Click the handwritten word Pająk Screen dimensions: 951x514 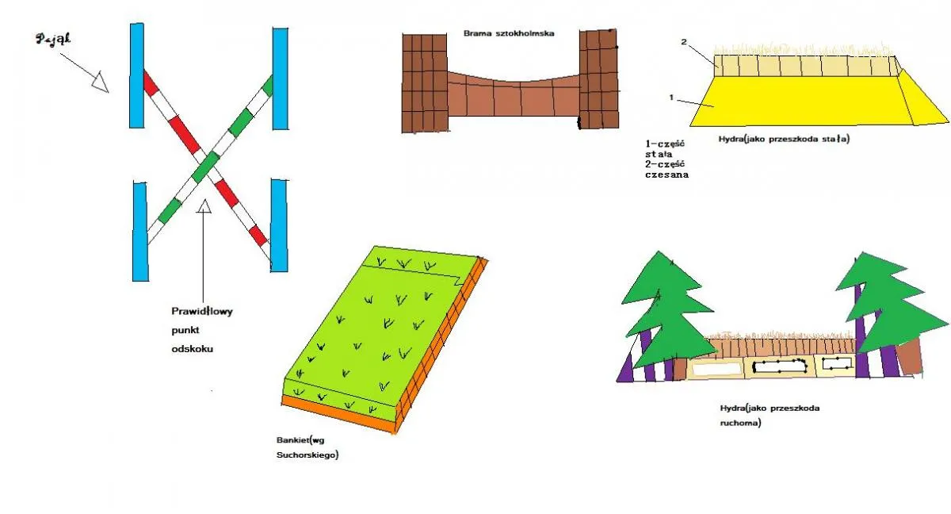pyautogui.click(x=54, y=39)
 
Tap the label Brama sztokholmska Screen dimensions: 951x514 pyautogui.click(x=509, y=33)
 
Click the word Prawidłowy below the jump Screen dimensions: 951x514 pyautogui.click(x=202, y=312)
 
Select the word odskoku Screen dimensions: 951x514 pyautogui.click(x=193, y=349)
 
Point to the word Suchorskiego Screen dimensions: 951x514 pyautogui.click(x=307, y=455)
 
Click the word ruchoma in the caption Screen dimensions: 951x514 pyautogui.click(x=740, y=423)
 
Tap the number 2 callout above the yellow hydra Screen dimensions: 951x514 pyautogui.click(x=683, y=41)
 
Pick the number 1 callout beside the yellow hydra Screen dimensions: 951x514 pyautogui.click(x=671, y=98)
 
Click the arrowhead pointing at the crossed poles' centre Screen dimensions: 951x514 pyautogui.click(x=204, y=205)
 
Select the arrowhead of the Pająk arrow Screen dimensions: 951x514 pyautogui.click(x=101, y=82)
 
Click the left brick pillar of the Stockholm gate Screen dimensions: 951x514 pyautogui.click(x=425, y=83)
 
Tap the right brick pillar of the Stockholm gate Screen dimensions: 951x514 pyautogui.click(x=599, y=79)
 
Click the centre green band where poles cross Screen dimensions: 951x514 pyautogui.click(x=205, y=166)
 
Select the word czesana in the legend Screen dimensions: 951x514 pyautogui.click(x=666, y=175)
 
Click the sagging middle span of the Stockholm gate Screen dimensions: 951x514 pyautogui.click(x=514, y=94)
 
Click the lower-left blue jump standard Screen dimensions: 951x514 pyautogui.click(x=140, y=232)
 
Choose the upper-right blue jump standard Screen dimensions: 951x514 pyautogui.click(x=281, y=79)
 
